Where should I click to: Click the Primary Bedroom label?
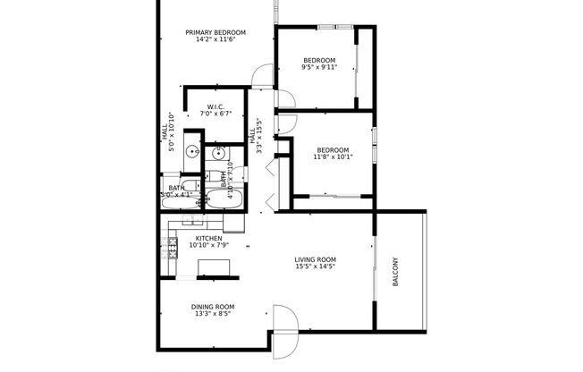[215, 33]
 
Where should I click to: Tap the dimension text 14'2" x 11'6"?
[215, 41]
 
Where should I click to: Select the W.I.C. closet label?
[215, 106]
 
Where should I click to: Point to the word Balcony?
[395, 273]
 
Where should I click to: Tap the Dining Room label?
[212, 307]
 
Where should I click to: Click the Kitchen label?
[208, 238]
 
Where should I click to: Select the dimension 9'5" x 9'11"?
[319, 68]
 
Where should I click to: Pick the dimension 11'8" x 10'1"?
[333, 157]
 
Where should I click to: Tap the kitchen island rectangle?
[212, 267]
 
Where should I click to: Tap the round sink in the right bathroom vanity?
[217, 154]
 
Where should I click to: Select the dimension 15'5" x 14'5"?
[315, 267]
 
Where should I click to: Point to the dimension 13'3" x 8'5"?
[212, 315]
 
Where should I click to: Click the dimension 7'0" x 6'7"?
[215, 114]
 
